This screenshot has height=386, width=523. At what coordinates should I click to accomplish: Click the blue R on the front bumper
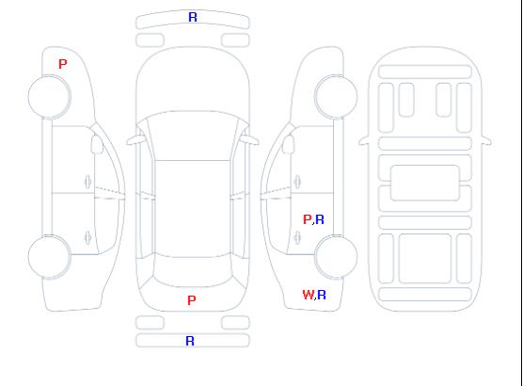(193, 17)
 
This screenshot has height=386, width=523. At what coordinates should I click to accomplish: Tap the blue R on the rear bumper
(190, 341)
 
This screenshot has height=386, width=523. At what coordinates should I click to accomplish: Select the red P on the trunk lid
(192, 300)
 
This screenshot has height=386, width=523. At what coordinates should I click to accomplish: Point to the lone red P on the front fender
(62, 64)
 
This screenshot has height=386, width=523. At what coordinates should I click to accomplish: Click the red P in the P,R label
(308, 219)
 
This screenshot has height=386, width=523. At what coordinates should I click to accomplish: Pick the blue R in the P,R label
(320, 219)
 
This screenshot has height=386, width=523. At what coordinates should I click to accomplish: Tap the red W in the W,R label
(309, 295)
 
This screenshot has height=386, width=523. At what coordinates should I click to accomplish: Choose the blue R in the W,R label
(322, 295)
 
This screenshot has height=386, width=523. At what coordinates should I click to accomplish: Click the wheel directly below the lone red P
(49, 97)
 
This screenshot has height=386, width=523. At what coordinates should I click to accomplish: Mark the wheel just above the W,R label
(336, 256)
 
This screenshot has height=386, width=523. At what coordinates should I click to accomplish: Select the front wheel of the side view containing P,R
(336, 97)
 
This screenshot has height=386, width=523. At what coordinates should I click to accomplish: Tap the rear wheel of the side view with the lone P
(49, 256)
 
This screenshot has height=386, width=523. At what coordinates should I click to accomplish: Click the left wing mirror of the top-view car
(135, 140)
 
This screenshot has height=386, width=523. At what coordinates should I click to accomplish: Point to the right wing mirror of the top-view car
(250, 140)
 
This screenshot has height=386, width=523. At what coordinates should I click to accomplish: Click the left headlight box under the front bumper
(151, 40)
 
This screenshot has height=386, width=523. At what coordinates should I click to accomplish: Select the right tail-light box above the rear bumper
(235, 323)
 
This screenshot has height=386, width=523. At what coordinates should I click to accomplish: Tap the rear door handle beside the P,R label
(297, 238)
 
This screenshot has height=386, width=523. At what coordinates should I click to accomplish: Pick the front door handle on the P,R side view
(297, 183)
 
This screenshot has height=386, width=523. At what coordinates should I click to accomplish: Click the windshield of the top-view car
(193, 136)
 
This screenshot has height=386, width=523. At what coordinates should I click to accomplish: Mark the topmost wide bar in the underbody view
(425, 72)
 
